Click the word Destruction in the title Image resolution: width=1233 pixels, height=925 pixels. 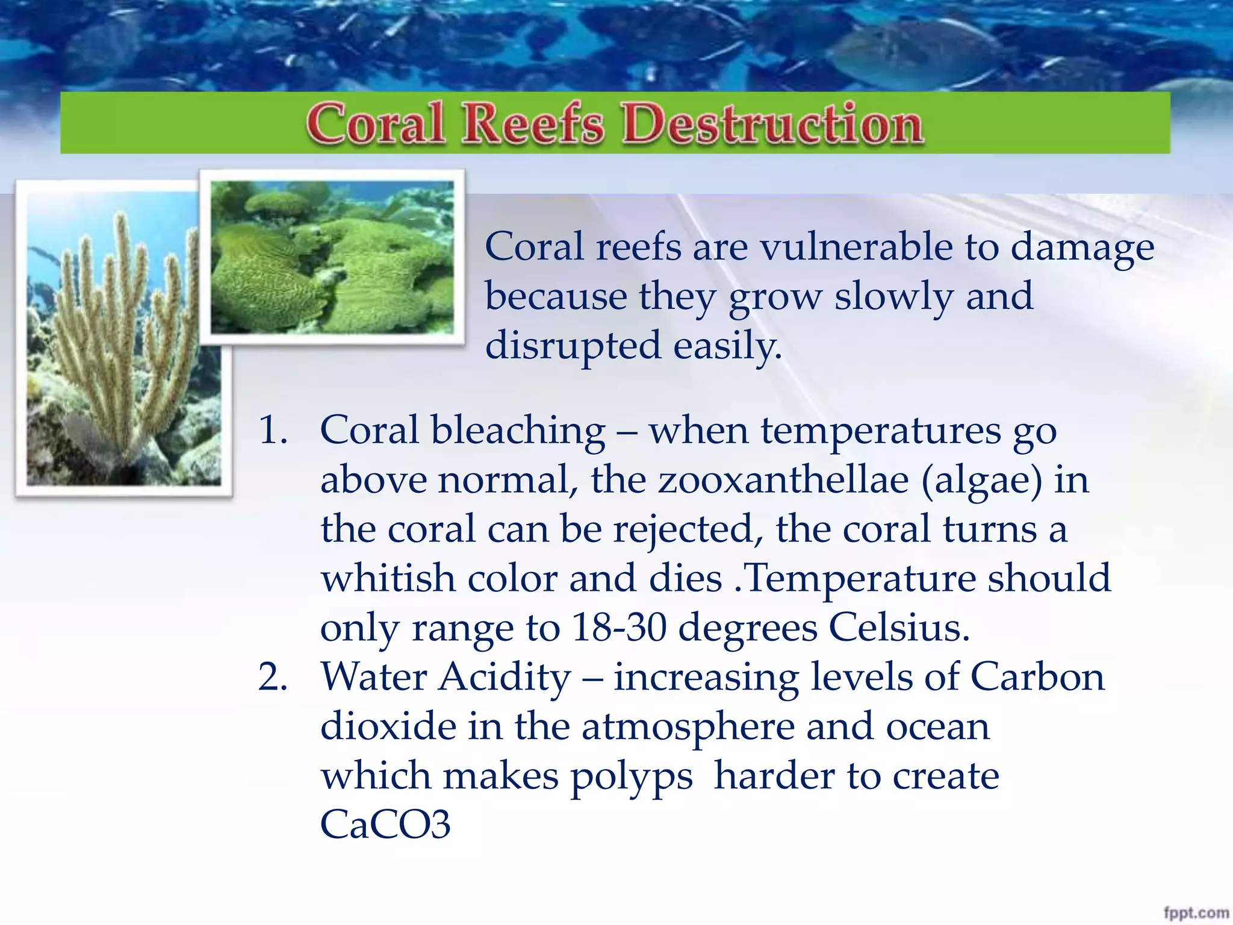[773, 124]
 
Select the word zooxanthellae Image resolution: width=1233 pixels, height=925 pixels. [783, 481]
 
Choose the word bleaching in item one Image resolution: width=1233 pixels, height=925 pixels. [518, 431]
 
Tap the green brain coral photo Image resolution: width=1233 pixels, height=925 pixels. [332, 258]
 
